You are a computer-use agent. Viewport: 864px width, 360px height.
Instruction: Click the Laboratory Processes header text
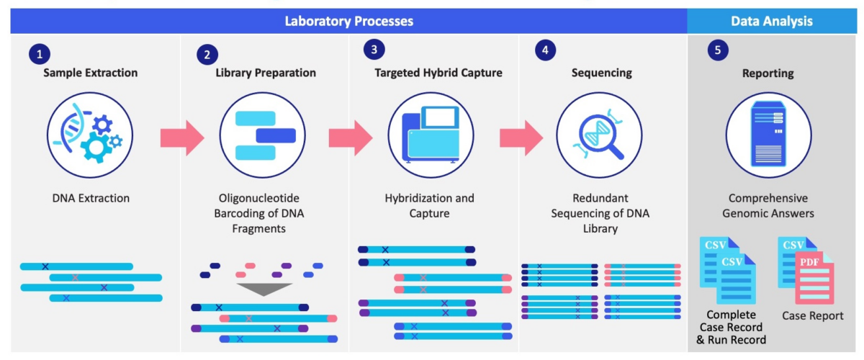click(x=348, y=21)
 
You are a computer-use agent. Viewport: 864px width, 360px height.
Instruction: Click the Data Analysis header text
click(x=771, y=21)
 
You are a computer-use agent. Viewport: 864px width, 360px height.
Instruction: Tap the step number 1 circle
click(x=40, y=53)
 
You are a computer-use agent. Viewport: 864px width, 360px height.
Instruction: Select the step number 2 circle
click(x=207, y=53)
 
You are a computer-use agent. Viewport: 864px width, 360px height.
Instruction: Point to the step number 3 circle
click(x=374, y=50)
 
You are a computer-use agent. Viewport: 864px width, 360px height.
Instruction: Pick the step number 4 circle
click(x=546, y=50)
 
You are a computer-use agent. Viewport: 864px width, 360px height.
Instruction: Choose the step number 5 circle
click(x=717, y=50)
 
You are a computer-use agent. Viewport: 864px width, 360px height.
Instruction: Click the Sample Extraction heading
click(x=90, y=73)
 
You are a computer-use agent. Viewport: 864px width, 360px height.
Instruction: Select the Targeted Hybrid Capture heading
click(x=438, y=73)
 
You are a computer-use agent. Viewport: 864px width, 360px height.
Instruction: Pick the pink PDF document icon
click(x=813, y=281)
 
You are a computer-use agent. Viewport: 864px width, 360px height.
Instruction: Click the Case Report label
click(x=812, y=315)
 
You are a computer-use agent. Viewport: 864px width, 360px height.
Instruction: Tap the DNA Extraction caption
click(x=91, y=198)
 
